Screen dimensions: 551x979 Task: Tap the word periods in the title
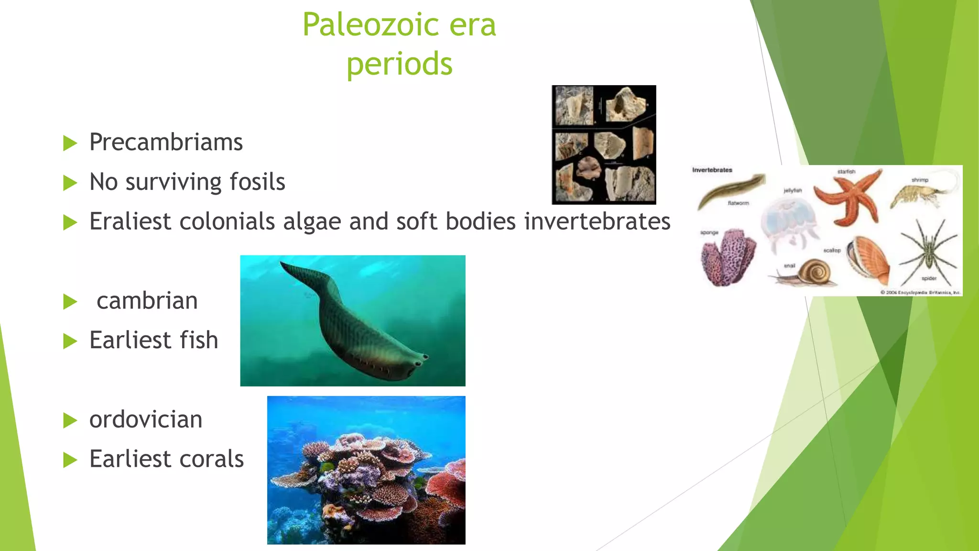tap(399, 65)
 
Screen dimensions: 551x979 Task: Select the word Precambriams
tap(166, 143)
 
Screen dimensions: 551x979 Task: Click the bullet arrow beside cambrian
tap(70, 302)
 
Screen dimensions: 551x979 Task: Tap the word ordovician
tap(146, 419)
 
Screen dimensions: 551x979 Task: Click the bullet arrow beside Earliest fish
tap(70, 341)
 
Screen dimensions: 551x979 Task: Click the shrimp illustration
tap(920, 194)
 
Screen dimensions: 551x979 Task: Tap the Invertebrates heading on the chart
tap(712, 170)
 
